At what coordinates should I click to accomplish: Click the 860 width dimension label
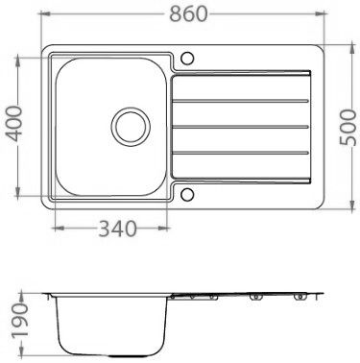(188, 14)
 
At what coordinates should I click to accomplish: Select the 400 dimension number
(15, 124)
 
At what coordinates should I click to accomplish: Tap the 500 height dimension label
(348, 128)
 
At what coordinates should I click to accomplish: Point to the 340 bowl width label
(118, 229)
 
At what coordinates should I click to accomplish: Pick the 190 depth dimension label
(20, 321)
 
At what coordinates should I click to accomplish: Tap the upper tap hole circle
(187, 59)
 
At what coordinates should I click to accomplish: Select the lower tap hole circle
(187, 195)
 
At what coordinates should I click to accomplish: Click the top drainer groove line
(241, 101)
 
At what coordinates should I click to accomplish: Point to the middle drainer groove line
(241, 127)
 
